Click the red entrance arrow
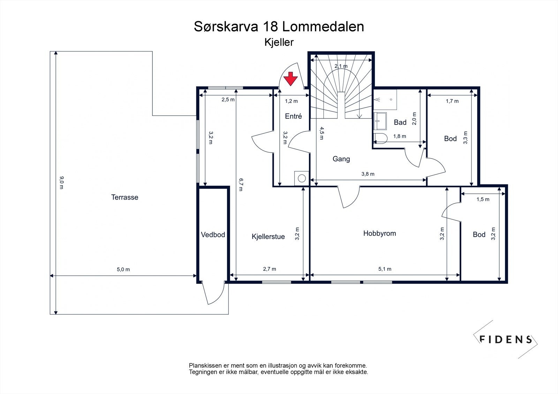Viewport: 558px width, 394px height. [x=291, y=79]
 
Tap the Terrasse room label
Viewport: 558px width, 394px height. [x=125, y=197]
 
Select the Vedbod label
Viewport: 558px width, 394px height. [x=213, y=234]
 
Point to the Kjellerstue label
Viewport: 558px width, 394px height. [x=268, y=237]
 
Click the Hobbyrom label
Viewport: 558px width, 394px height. [x=380, y=233]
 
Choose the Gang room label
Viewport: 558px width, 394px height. [x=341, y=159]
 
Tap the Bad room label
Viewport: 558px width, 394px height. [x=400, y=122]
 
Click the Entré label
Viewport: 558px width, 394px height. [x=293, y=116]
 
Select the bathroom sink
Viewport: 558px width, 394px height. [x=380, y=121]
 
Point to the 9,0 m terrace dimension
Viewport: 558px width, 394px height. [x=61, y=183]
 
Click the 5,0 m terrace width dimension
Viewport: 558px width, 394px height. [x=123, y=269]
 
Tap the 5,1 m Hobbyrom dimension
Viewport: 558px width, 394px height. [x=385, y=269]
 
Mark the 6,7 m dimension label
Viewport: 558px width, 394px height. [x=241, y=184]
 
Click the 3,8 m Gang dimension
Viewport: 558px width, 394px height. [x=368, y=174]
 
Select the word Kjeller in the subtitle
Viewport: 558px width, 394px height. [x=279, y=42]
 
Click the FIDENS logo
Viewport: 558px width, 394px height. [x=506, y=339]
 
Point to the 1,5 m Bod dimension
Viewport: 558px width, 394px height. [x=483, y=199]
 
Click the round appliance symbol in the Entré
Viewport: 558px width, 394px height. [x=302, y=178]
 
